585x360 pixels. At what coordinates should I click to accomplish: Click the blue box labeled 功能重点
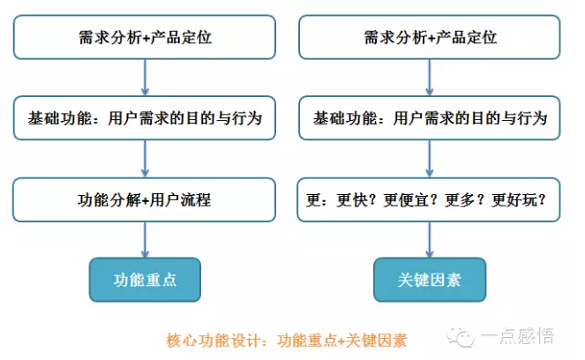[x=145, y=280]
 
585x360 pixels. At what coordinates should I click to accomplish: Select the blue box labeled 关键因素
[x=430, y=280]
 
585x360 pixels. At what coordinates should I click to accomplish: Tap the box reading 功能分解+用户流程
[x=145, y=199]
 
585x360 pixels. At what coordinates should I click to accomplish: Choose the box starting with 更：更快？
[x=429, y=199]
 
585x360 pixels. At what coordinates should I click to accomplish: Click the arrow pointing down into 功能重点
[x=145, y=239]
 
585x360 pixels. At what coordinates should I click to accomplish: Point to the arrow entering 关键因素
[x=430, y=239]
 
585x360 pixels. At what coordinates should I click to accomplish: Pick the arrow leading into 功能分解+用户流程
[x=145, y=159]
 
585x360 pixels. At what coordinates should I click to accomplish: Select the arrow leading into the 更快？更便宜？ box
[x=430, y=159]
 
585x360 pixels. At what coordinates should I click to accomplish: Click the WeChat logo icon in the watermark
[x=460, y=338]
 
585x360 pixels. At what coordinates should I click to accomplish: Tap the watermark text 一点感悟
[x=517, y=336]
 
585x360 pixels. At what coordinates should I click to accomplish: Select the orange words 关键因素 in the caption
[x=376, y=341]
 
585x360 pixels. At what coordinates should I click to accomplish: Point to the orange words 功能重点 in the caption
[x=307, y=341]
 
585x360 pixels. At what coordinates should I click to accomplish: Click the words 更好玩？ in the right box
[x=519, y=200]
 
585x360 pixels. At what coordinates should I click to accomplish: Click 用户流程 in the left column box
[x=180, y=200]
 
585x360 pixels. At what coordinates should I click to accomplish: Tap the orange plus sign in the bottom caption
[x=341, y=341]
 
